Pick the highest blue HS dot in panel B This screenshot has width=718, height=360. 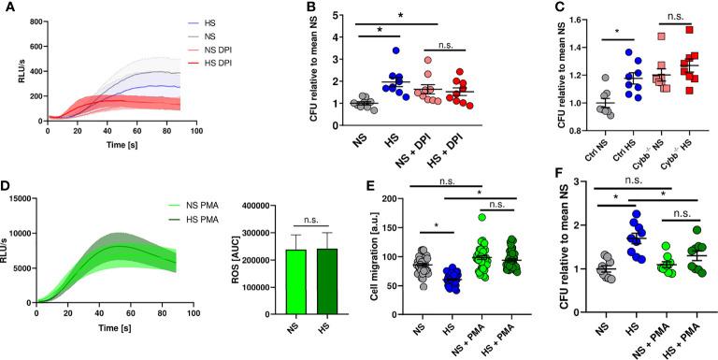point(369,50)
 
